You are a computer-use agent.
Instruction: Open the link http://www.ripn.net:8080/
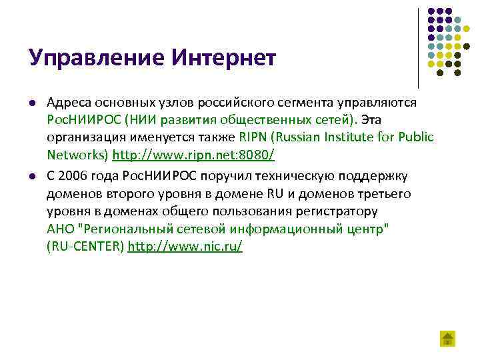click(x=193, y=155)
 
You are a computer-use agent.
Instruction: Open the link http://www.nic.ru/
click(x=185, y=247)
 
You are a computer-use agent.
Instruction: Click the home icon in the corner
click(x=447, y=338)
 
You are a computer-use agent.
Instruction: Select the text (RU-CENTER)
click(x=85, y=247)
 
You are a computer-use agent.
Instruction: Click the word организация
click(x=83, y=137)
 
